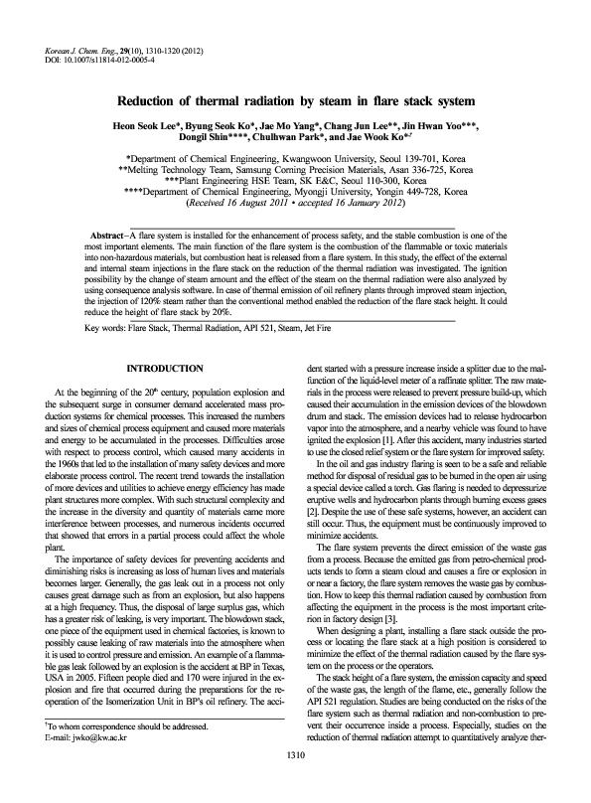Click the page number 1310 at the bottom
[x=295, y=782]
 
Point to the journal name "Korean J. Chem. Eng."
[x=83, y=47]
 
